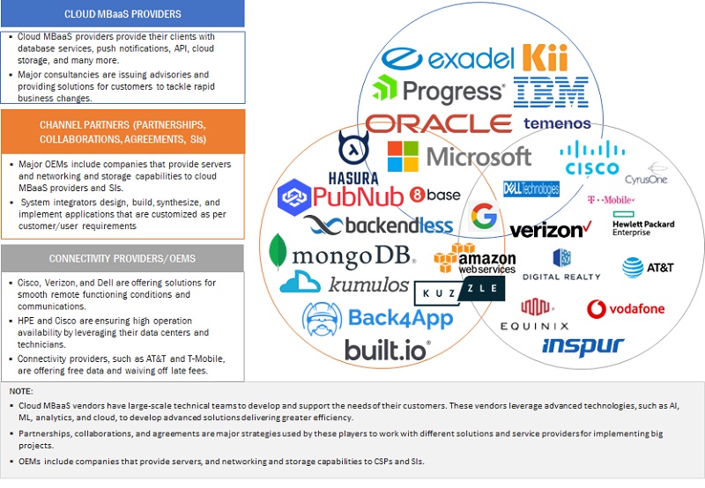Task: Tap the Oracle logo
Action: pyautogui.click(x=439, y=123)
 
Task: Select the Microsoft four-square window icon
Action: pyautogui.click(x=404, y=157)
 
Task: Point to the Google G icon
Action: pyautogui.click(x=483, y=216)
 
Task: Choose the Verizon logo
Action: pyautogui.click(x=550, y=231)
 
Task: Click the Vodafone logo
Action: pyautogui.click(x=626, y=309)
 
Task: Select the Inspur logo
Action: pyautogui.click(x=583, y=345)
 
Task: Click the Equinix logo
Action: pyautogui.click(x=533, y=315)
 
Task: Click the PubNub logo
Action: pyautogui.click(x=339, y=196)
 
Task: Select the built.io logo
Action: pyautogui.click(x=388, y=350)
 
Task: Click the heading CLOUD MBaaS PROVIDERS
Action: pyautogui.click(x=123, y=14)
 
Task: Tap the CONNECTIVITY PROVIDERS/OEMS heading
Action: pyautogui.click(x=122, y=258)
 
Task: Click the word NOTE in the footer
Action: pyautogui.click(x=21, y=389)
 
